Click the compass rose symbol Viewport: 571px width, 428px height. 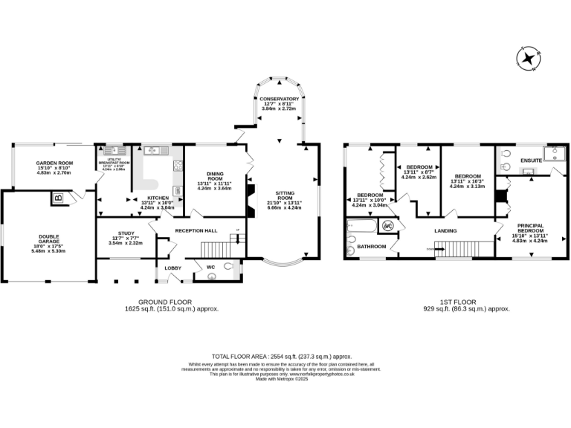click(529, 59)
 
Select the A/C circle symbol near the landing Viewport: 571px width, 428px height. click(387, 227)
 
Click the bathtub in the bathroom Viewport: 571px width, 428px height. click(362, 227)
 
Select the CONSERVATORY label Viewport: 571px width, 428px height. click(279, 99)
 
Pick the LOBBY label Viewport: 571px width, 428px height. click(172, 267)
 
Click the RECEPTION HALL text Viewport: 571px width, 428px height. click(194, 230)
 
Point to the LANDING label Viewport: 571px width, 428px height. click(446, 230)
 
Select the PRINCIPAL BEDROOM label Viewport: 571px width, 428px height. click(529, 228)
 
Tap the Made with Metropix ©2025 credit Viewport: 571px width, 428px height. click(281, 379)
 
